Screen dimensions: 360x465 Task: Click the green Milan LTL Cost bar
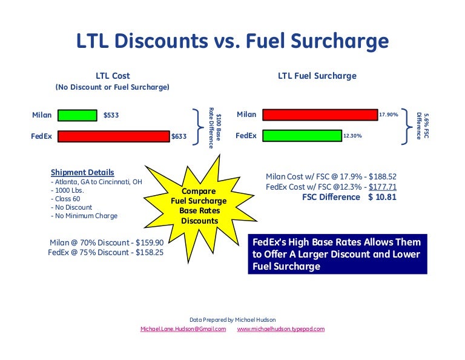[x=77, y=115]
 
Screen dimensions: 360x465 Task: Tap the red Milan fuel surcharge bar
[x=320, y=115]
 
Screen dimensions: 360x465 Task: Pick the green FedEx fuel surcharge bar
[x=302, y=136]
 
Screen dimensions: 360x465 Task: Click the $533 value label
[x=111, y=115]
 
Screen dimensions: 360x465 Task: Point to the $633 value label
[x=179, y=136]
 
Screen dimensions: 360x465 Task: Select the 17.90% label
[x=388, y=115]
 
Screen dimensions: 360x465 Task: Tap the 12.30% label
[x=352, y=136]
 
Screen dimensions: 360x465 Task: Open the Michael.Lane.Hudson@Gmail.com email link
[x=183, y=329]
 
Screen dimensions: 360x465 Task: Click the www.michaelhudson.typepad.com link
[x=281, y=329]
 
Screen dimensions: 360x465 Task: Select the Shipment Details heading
[x=82, y=173]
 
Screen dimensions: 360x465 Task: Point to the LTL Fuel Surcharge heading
[x=317, y=76]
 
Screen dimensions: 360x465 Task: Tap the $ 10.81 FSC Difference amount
[x=382, y=198]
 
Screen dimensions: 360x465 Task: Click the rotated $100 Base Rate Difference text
[x=214, y=126]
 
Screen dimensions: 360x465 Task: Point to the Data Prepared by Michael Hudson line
[x=232, y=319]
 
